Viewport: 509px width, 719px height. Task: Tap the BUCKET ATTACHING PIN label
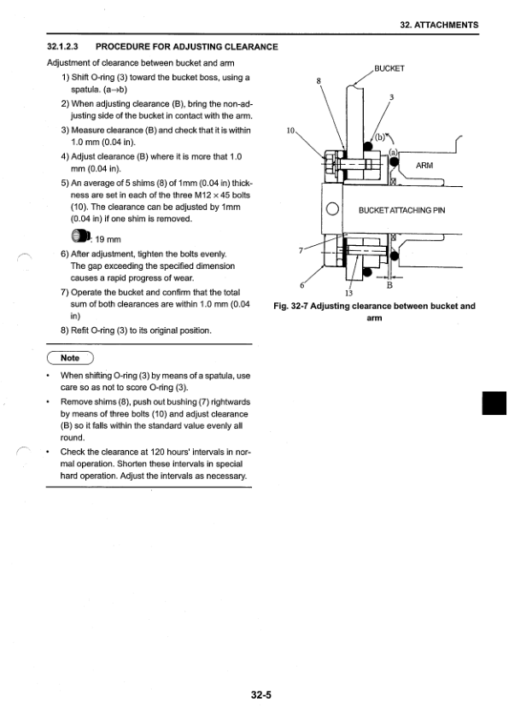point(401,210)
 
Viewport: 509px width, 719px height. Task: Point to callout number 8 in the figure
point(319,82)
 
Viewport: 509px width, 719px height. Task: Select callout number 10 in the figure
point(291,132)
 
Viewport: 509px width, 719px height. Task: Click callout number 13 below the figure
point(348,294)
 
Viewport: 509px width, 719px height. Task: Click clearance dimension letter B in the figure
point(389,287)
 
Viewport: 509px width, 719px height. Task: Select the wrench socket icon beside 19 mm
point(79,237)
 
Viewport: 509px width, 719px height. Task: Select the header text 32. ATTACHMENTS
point(450,25)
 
